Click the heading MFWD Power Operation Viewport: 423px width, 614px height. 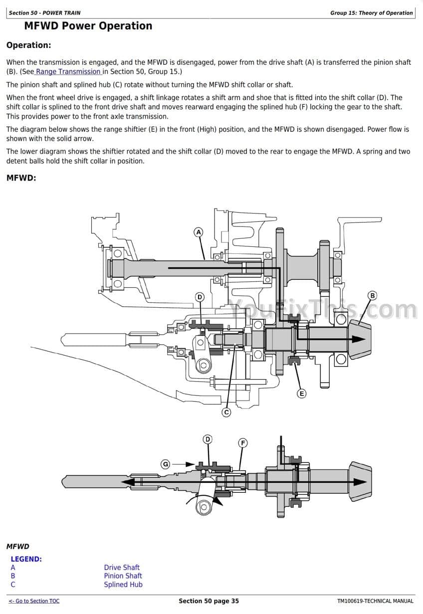88,26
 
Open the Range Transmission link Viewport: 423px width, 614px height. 68,71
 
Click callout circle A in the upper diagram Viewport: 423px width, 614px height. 199,232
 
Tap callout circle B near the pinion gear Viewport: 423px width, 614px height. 372,295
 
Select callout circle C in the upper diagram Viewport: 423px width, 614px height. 226,412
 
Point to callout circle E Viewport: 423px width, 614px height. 301,394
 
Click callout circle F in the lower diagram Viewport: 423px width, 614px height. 243,443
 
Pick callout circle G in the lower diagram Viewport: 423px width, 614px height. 166,464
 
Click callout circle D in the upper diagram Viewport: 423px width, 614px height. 200,297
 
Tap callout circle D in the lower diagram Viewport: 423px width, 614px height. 208,439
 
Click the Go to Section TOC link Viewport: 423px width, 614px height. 34,601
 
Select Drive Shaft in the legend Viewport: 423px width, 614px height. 122,567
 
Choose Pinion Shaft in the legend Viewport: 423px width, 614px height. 123,576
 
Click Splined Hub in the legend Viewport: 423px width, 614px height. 123,585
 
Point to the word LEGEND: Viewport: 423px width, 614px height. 26,559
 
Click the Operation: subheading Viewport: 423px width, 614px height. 28,45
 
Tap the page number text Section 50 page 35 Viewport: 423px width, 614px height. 209,601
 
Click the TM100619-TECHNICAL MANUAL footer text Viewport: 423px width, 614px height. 375,601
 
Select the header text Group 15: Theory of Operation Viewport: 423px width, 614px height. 371,13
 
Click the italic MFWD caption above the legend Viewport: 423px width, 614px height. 18,547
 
